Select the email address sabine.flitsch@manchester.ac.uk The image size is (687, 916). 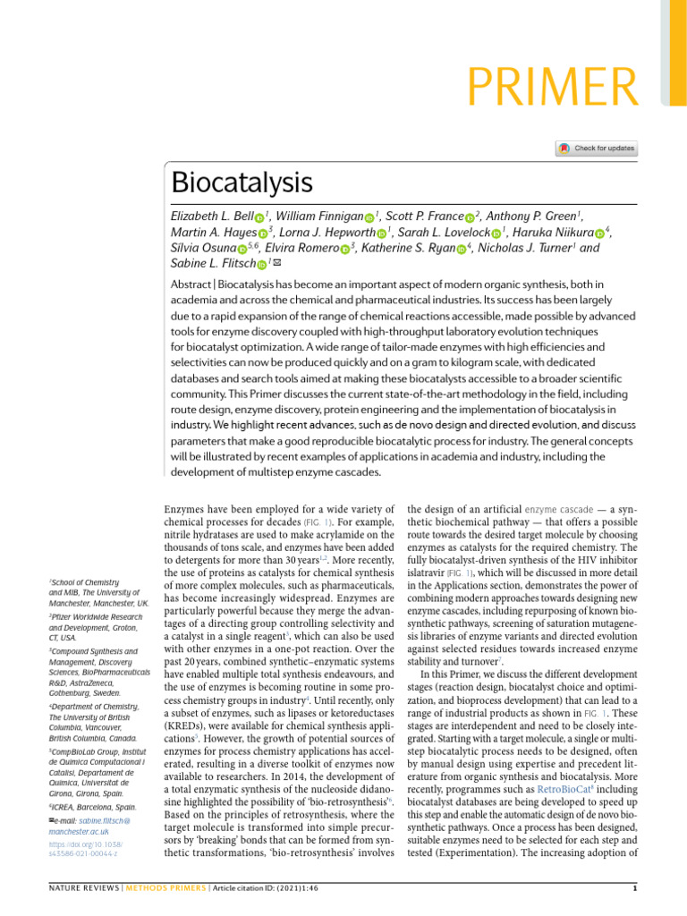89,826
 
